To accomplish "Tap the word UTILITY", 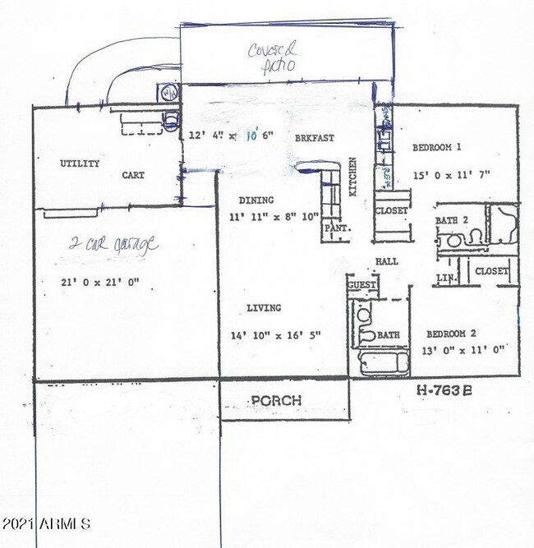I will tap(80, 163).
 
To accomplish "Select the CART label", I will tap(133, 175).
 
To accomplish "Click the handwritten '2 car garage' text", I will tap(113, 245).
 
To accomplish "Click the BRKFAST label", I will tap(315, 138).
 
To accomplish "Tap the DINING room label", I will tap(256, 200).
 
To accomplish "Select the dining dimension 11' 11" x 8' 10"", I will tap(275, 218).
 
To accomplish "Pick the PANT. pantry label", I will tap(333, 227).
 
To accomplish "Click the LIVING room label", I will tap(264, 308).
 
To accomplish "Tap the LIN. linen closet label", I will tap(446, 279).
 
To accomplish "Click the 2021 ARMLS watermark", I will tap(46, 523).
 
